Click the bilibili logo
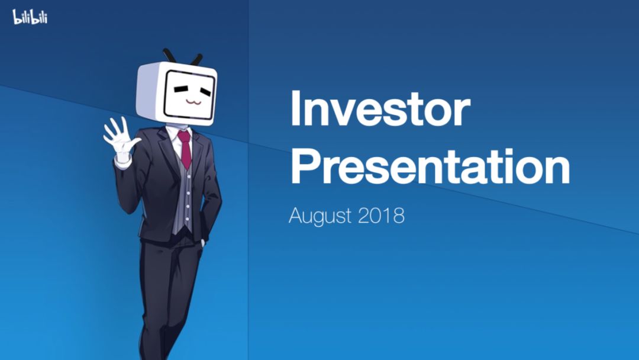pos(30,17)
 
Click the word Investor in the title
pos(380,108)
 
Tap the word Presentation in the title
pos(430,167)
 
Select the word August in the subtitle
pos(320,216)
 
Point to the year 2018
pos(382,216)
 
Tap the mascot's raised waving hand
pos(121,137)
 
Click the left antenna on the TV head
pos(169,56)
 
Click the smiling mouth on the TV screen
pos(193,101)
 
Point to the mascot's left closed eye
pos(180,88)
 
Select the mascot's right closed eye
pos(205,91)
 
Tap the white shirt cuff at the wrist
pos(122,162)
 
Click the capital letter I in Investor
pos(295,108)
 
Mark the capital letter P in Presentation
pos(305,167)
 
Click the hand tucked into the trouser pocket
pos(202,243)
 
